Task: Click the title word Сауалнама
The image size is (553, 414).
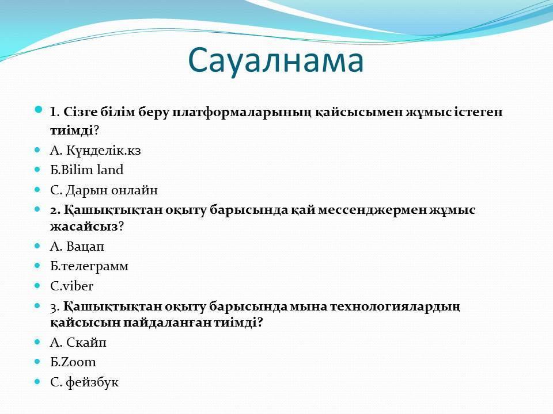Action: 275,60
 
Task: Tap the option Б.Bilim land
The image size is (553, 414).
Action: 87,170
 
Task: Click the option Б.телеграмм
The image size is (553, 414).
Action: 89,266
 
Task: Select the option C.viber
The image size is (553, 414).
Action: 71,286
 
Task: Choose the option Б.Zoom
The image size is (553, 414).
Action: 73,362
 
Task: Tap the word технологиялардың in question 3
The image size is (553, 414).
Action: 395,307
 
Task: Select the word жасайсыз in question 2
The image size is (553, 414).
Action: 84,227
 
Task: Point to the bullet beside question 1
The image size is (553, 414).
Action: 39,110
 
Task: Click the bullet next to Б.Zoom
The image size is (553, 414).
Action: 37,362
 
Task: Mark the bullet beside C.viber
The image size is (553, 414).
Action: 37,286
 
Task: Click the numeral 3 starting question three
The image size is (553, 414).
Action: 54,308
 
